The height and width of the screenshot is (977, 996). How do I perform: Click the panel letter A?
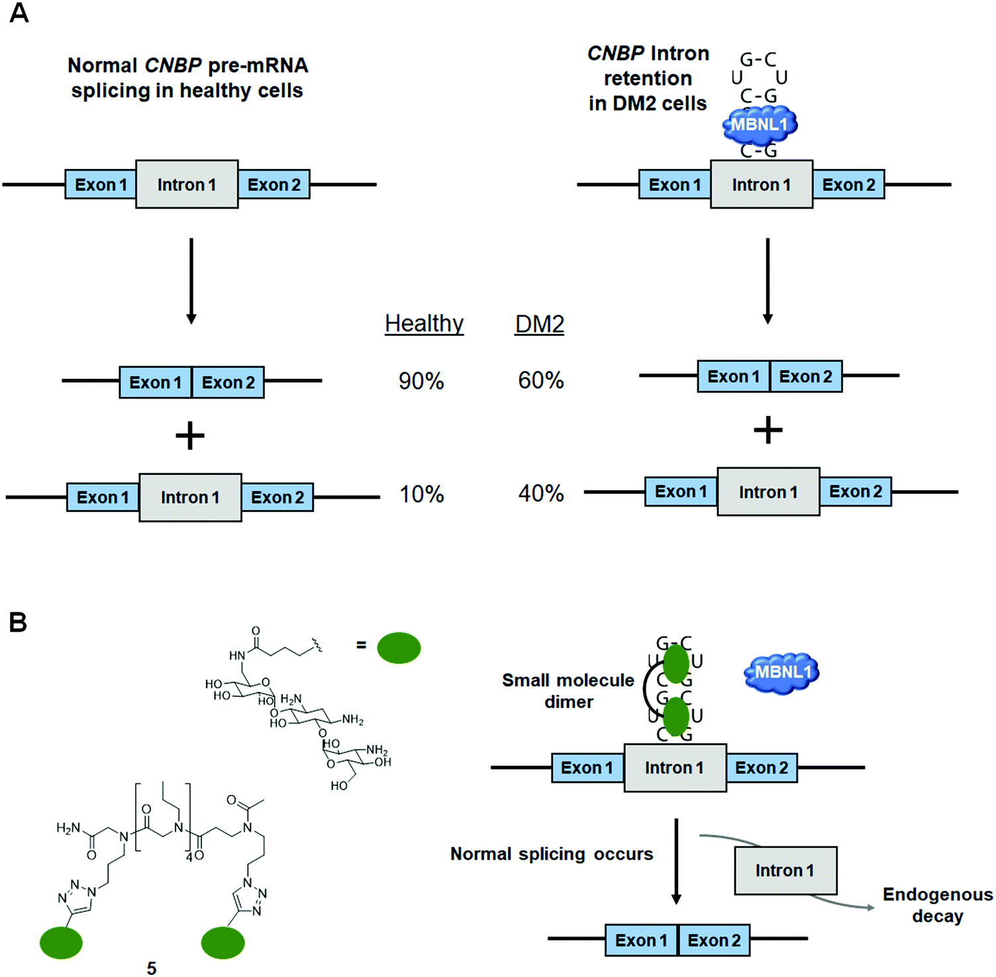coord(19,13)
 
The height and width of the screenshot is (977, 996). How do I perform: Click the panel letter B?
coord(18,622)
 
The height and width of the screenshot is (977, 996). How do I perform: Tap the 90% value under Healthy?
coord(421,381)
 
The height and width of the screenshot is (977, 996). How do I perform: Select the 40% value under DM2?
coord(540,493)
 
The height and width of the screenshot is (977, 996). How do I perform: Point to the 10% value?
coord(421,494)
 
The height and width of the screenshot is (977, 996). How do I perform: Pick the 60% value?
coord(540,380)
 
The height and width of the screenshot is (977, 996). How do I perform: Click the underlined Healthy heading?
coord(424,323)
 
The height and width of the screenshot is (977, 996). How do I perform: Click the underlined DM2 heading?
coord(539,324)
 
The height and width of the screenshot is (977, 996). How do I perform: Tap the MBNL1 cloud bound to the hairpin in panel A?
coord(760,125)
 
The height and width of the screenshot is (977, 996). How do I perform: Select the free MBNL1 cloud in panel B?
coord(783,672)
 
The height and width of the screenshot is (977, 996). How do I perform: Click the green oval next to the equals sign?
coord(399,647)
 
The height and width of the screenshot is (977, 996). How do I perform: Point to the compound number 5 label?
coord(152,968)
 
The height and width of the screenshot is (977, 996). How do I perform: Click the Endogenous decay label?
coord(937,905)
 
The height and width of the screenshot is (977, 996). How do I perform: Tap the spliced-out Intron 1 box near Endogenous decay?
coord(785,870)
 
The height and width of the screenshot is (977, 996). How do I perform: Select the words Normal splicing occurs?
coord(552,854)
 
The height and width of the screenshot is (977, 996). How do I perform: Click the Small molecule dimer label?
coord(568,691)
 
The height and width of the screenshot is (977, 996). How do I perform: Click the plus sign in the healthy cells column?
coord(190,436)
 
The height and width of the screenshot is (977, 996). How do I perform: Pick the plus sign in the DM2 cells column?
coord(768,431)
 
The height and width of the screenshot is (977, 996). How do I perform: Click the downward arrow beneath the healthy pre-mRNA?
coord(191,282)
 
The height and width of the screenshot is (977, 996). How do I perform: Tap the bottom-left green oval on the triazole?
coord(61,943)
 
